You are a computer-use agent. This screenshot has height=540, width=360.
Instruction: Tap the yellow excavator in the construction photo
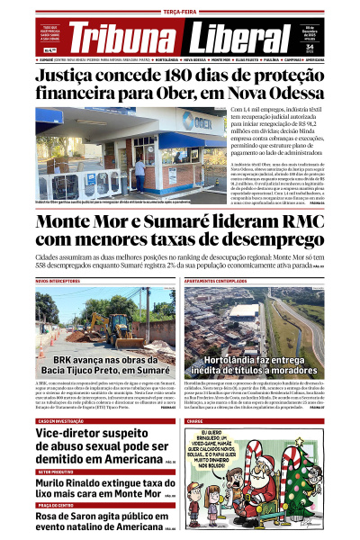(x=101, y=327)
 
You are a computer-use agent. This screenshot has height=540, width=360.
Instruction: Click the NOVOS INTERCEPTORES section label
(x=61, y=281)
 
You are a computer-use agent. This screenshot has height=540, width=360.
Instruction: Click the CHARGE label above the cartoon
(x=194, y=420)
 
